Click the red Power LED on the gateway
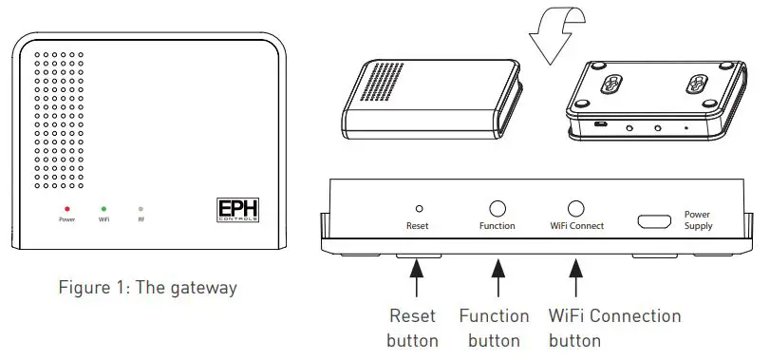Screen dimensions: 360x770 point(66,207)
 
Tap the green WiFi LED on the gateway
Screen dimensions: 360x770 point(103,207)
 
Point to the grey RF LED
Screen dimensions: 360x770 point(141,207)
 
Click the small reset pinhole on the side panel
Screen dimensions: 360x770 point(419,207)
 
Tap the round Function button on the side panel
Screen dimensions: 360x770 point(497,208)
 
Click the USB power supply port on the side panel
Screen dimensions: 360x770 point(653,220)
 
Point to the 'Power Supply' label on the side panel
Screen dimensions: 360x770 point(698,220)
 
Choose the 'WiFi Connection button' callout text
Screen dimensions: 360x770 point(615,328)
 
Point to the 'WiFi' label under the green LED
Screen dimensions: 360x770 point(103,219)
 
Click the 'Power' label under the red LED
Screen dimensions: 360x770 point(66,219)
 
